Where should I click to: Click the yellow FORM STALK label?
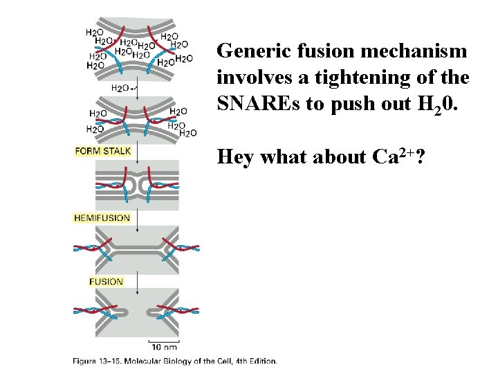coord(102,151)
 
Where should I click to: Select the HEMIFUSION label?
coord(102,217)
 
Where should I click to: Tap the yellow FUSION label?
coord(106,281)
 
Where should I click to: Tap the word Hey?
coord(235,157)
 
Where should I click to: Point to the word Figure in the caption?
coord(86,361)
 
